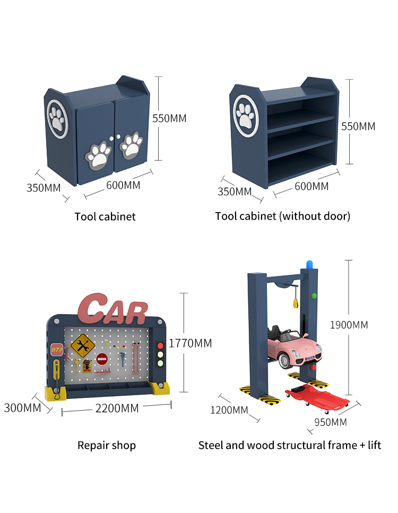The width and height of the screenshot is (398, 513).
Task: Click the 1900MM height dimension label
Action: click(349, 325)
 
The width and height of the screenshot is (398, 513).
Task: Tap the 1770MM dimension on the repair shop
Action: click(190, 343)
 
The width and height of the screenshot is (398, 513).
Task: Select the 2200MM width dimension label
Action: click(117, 408)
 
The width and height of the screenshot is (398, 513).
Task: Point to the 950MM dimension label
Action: click(331, 422)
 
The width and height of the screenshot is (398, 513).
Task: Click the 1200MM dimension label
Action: click(229, 410)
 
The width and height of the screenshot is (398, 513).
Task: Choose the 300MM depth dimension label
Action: click(22, 408)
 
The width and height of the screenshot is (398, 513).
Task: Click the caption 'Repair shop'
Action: click(107, 446)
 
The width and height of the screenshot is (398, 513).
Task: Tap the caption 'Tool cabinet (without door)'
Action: click(283, 216)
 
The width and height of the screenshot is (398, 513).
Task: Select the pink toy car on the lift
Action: click(293, 348)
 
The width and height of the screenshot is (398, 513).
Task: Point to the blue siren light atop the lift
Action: click(309, 264)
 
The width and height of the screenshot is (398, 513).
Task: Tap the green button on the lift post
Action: click(314, 296)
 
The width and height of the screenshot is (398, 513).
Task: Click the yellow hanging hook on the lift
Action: click(295, 303)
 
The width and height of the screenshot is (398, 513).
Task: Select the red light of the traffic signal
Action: click(160, 345)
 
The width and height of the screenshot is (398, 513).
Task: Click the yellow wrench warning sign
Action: click(82, 345)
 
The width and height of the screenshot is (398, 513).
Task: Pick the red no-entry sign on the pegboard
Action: click(102, 359)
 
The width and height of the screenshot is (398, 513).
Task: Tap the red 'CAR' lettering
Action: click(113, 309)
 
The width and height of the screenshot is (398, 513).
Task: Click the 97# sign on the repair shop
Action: click(57, 350)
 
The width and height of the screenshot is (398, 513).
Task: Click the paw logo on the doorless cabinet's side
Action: click(246, 116)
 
